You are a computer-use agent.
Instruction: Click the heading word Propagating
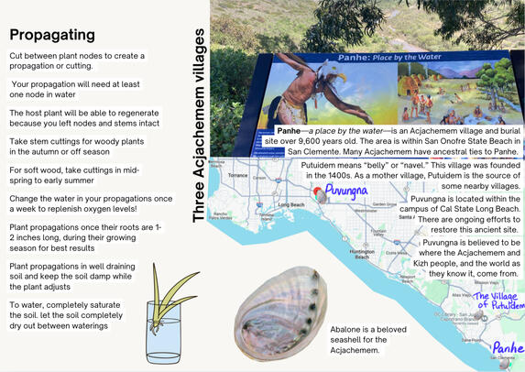coord(52,35)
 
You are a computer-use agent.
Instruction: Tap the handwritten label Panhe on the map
coord(508,348)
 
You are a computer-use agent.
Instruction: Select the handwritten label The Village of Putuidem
coord(496,301)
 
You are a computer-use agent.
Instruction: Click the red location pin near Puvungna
coord(318,192)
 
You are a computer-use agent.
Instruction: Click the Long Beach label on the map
coord(290,204)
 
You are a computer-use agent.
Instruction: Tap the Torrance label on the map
coord(238,175)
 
